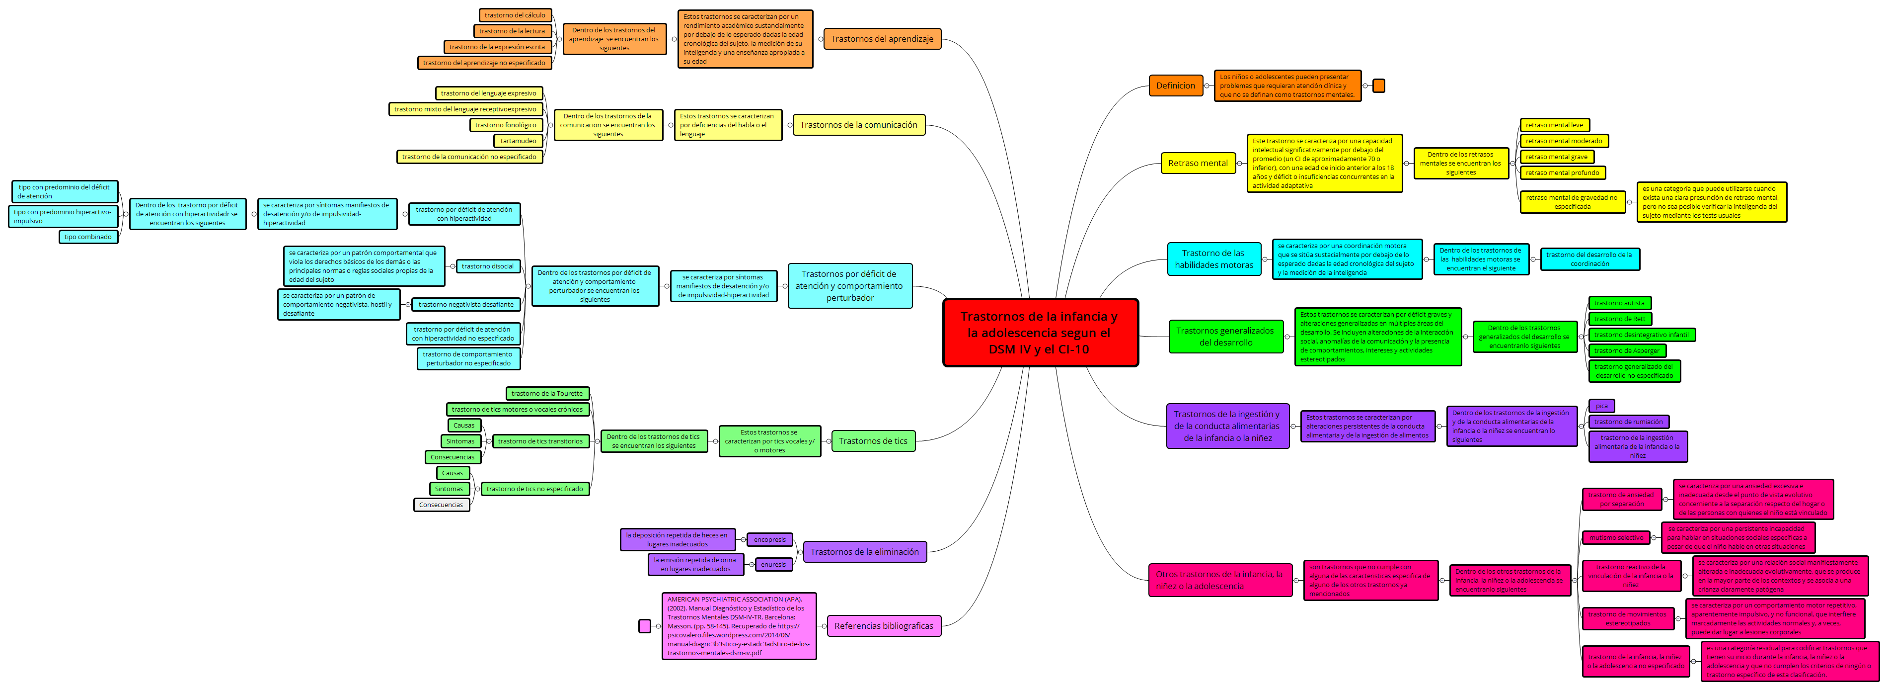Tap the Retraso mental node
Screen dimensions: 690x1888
[x=1197, y=163]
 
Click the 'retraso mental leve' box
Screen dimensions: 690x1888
[x=1554, y=125]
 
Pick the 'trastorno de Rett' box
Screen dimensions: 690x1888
[x=1619, y=319]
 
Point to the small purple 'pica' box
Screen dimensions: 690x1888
[x=1601, y=406]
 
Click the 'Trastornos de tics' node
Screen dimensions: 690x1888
[x=872, y=440]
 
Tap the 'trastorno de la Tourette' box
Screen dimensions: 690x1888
[x=547, y=394]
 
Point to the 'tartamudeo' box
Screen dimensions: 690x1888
[x=518, y=141]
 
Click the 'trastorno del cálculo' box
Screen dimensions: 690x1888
[x=515, y=15]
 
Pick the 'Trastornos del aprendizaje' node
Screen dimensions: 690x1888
[x=882, y=39]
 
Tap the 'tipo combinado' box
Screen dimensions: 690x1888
[x=88, y=237]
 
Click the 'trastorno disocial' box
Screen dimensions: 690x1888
[x=487, y=266]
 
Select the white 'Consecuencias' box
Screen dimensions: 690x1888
[x=441, y=505]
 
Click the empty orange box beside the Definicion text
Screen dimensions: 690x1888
[x=1378, y=86]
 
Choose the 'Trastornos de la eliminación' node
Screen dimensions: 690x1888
[x=864, y=551]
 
